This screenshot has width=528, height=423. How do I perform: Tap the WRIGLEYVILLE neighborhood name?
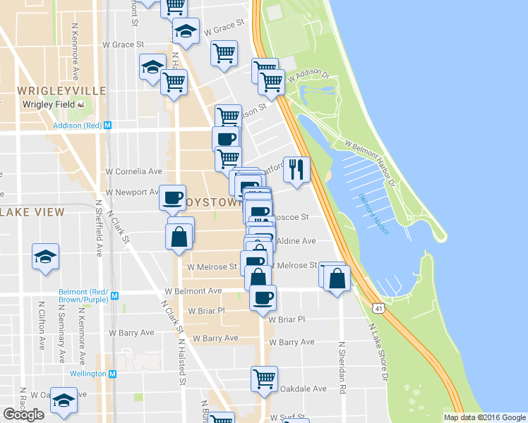click(61, 91)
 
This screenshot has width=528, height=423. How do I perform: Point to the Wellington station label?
click(88, 374)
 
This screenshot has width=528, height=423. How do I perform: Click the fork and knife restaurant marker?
click(296, 169)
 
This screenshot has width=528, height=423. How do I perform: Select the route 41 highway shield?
click(379, 309)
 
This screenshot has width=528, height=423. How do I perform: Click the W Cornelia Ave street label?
click(134, 171)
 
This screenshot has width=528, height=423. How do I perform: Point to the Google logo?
click(23, 415)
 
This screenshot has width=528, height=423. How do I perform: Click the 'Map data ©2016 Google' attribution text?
click(484, 417)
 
